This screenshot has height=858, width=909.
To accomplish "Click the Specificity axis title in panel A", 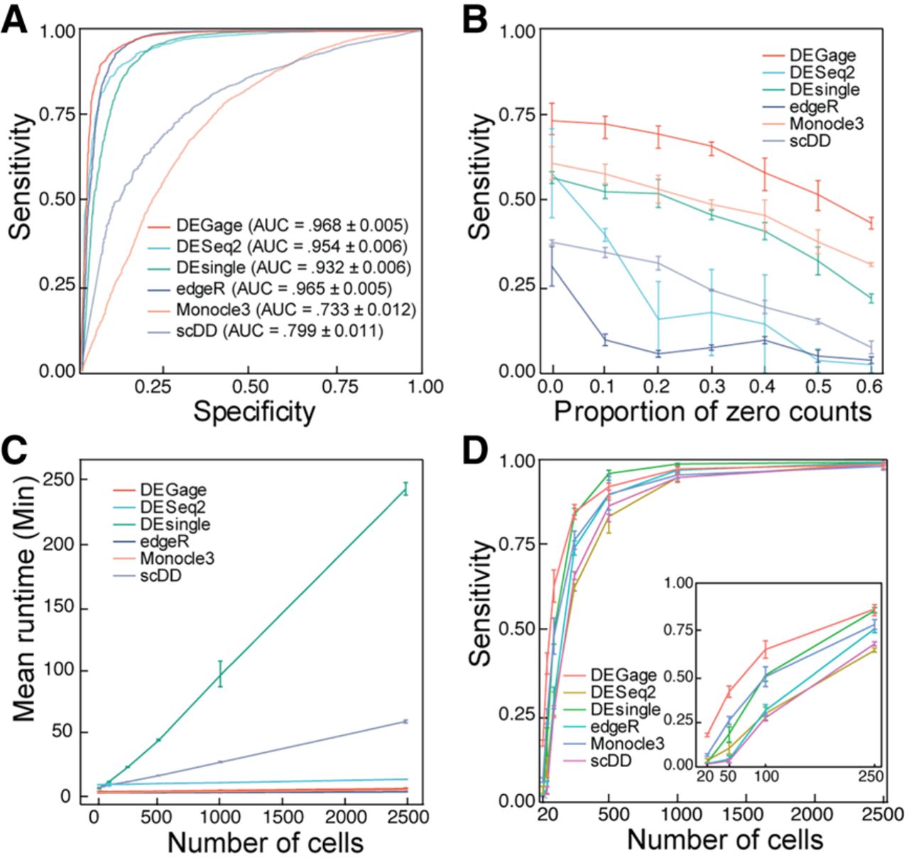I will [254, 412].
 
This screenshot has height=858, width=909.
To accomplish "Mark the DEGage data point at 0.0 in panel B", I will [553, 121].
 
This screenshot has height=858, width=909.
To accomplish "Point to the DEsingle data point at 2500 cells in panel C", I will [405, 488].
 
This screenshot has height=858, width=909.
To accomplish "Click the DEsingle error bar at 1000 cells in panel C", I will [220, 674].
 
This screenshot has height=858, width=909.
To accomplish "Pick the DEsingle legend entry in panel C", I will [175, 524].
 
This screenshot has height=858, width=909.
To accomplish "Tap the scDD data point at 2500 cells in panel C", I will [405, 722].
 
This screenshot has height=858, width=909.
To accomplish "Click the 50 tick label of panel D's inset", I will [727, 776].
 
